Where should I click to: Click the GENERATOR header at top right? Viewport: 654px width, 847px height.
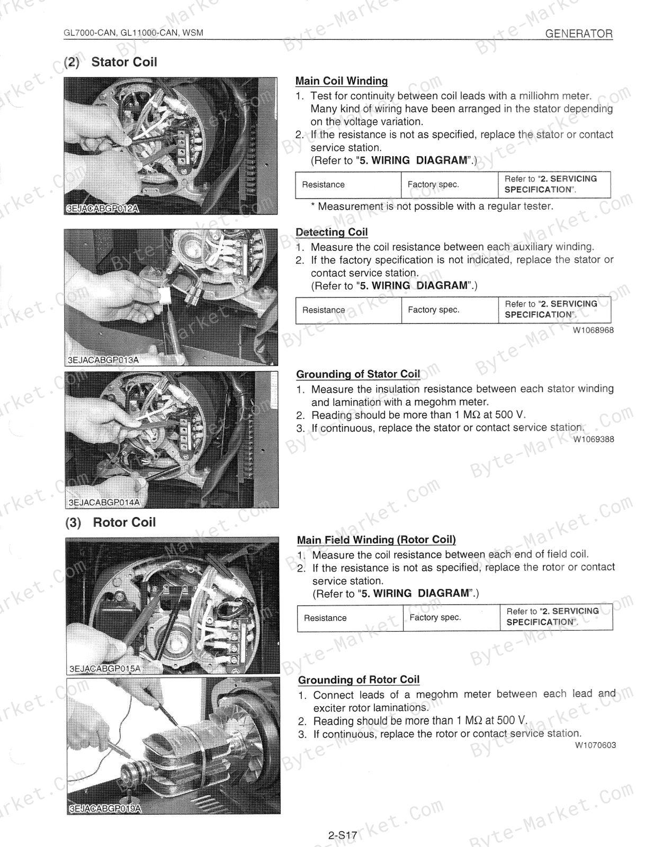click(578, 34)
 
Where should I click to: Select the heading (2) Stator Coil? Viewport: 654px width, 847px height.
click(111, 62)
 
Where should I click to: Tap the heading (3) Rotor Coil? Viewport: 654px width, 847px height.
click(111, 522)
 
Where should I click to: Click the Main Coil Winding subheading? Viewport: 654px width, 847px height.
click(342, 81)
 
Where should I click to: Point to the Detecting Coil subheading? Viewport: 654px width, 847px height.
click(332, 232)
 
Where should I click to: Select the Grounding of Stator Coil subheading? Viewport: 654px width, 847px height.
click(358, 374)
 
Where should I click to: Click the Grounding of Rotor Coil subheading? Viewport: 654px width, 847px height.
click(359, 680)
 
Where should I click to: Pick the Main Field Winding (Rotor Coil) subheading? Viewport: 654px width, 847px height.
click(377, 540)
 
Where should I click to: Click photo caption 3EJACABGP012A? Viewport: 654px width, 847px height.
click(103, 209)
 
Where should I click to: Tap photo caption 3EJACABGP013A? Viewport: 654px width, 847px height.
click(103, 360)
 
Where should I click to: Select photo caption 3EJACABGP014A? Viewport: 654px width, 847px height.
click(104, 502)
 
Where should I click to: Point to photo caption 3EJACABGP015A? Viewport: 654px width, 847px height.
click(105, 669)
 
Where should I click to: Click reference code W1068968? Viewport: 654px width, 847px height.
click(593, 330)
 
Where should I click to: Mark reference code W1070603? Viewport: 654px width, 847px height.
click(596, 745)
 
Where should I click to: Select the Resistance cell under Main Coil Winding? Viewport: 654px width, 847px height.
click(324, 185)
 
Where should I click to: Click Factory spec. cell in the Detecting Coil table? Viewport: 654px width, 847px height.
click(434, 310)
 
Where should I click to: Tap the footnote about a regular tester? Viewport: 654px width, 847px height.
click(432, 206)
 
